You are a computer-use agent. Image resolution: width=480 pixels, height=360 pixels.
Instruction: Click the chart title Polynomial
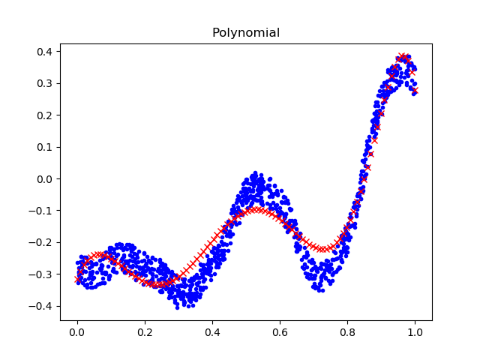point(246,33)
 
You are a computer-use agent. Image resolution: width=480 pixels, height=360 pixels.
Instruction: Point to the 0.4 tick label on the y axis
point(45,52)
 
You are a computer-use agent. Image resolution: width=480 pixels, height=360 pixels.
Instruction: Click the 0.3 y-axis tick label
point(45,83)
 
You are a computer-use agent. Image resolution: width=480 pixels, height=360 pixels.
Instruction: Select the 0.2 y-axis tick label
point(45,115)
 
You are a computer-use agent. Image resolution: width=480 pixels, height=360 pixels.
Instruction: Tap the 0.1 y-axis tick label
point(45,147)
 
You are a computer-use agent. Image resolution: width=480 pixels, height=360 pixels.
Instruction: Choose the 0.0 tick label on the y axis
point(45,179)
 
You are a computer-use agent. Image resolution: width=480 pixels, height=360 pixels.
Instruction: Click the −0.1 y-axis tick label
point(42,211)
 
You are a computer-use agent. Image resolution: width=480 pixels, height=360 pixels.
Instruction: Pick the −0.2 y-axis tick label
point(42,243)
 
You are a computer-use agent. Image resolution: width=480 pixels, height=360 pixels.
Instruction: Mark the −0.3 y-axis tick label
point(42,274)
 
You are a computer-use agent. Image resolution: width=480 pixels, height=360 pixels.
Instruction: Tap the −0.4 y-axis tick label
point(42,306)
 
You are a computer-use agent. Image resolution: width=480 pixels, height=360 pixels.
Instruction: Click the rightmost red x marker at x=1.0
point(415,90)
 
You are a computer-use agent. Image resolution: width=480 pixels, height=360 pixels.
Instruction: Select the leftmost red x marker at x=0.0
point(77,279)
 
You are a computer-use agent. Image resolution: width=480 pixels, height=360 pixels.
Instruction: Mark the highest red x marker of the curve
point(403,56)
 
